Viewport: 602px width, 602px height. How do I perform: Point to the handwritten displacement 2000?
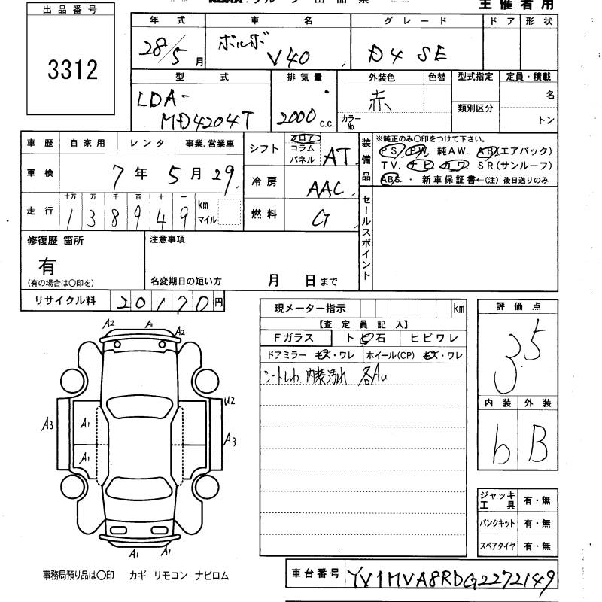(x=296, y=115)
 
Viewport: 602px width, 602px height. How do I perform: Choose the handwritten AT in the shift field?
(x=337, y=157)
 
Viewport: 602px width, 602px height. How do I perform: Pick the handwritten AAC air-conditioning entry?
(x=324, y=187)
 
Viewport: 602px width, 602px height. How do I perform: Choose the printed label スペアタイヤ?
(x=497, y=545)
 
